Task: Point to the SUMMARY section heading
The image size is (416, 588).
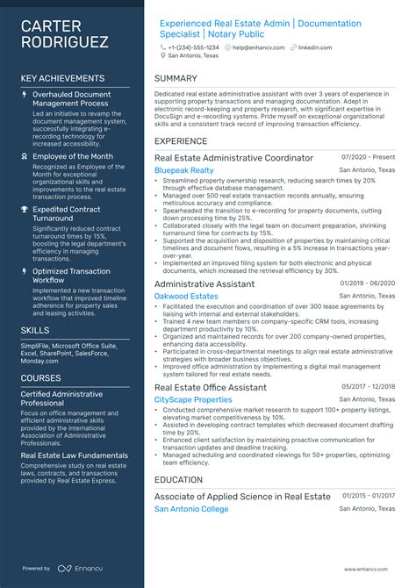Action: click(x=176, y=78)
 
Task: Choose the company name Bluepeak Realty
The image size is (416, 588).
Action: click(x=183, y=169)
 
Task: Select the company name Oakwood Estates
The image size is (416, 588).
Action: click(x=186, y=296)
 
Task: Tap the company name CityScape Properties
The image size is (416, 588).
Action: click(x=193, y=399)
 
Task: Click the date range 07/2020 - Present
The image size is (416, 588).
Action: click(x=369, y=156)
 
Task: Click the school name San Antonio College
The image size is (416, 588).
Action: click(x=190, y=509)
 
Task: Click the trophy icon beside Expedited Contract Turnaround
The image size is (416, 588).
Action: click(x=25, y=210)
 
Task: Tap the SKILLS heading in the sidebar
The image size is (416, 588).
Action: click(x=36, y=329)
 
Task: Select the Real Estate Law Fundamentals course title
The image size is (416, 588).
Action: click(x=75, y=455)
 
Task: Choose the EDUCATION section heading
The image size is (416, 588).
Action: click(x=179, y=480)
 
